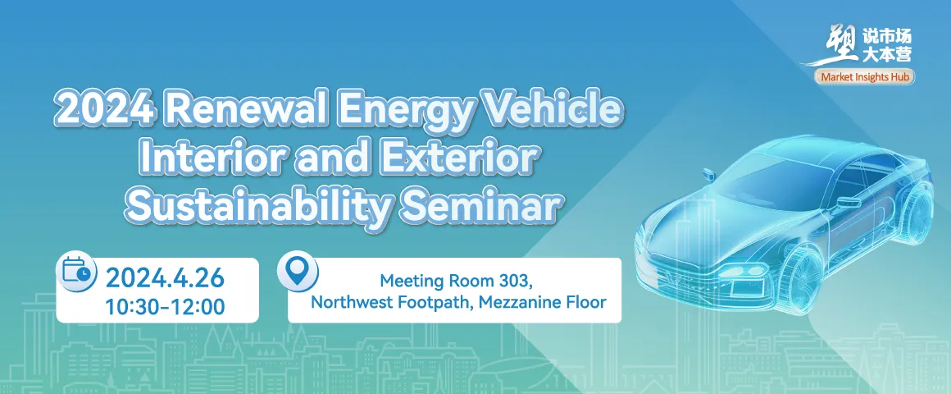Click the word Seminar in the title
[x=479, y=205]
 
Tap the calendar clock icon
[x=76, y=271]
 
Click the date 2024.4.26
[x=165, y=278]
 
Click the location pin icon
[x=297, y=272]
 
